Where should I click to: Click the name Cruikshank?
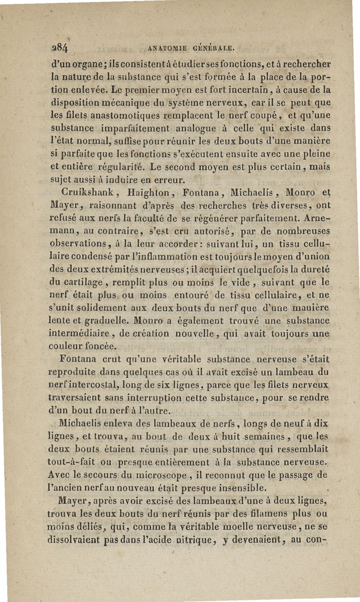coord(82,192)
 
